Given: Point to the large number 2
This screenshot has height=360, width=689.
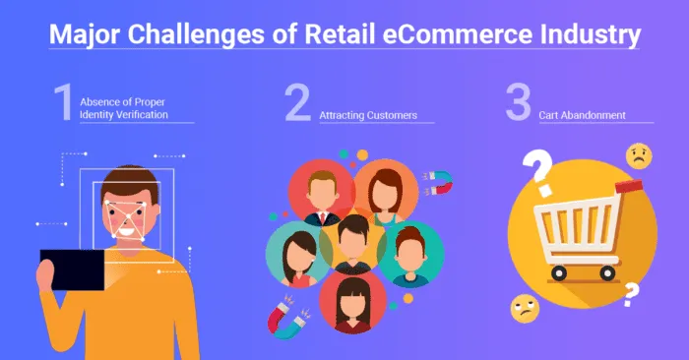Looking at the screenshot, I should click(298, 103).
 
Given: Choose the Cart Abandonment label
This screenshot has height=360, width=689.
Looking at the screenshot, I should click(582, 115).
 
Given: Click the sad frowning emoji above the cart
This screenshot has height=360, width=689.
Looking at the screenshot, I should click(638, 156).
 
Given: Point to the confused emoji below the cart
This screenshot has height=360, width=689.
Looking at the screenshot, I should click(524, 311).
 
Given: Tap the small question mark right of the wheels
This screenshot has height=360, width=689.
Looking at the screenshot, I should click(631, 292).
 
